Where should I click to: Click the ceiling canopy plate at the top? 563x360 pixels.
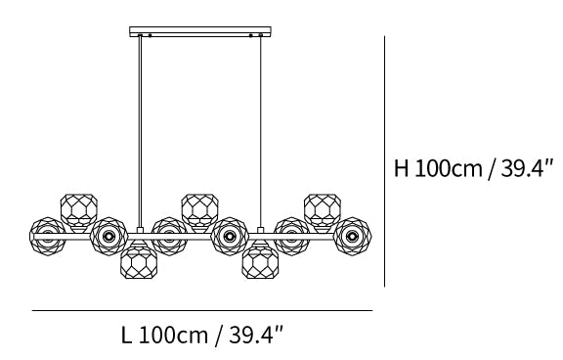(x=200, y=31)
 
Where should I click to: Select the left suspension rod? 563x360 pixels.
(x=140, y=131)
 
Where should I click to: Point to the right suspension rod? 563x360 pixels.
(x=261, y=131)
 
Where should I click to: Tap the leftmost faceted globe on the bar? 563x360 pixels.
(x=48, y=236)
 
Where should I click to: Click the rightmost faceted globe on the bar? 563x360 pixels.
(x=352, y=236)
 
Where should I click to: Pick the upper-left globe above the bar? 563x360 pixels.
(x=78, y=212)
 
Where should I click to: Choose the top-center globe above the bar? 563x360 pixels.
(x=200, y=212)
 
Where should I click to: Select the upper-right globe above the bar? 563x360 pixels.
(x=323, y=212)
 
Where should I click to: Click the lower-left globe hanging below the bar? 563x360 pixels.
(x=139, y=261)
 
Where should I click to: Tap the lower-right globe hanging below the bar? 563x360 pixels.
(x=260, y=261)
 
